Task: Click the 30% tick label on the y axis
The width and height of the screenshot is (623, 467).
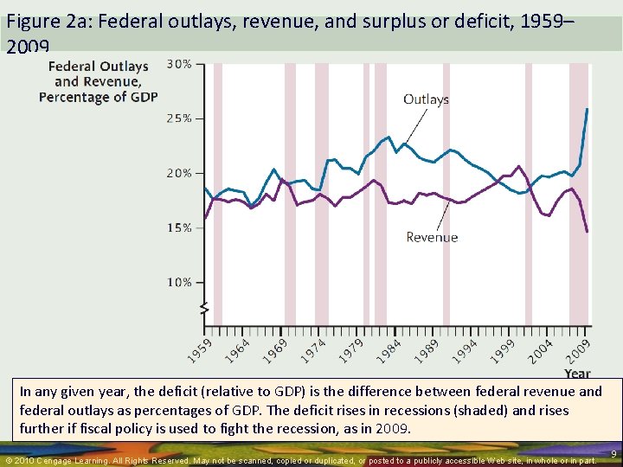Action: [179, 64]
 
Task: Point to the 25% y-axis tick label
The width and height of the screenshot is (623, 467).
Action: [179, 118]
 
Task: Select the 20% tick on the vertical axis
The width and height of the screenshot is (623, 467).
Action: [179, 173]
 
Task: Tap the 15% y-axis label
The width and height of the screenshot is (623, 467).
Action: [179, 227]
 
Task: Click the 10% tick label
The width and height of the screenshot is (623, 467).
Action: [179, 282]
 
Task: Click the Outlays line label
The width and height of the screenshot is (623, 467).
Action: [426, 99]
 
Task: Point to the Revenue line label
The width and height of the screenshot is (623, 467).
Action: [432, 237]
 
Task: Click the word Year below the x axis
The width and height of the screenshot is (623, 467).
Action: [578, 374]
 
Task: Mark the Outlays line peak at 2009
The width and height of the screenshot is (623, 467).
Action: [588, 109]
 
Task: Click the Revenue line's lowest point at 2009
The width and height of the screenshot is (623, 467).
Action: [588, 232]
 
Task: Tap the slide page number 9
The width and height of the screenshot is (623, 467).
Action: [613, 453]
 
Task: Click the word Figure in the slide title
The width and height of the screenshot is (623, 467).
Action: [29, 21]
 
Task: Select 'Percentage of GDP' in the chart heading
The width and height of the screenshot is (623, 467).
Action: [98, 97]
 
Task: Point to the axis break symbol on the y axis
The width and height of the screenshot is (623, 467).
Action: [204, 308]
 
